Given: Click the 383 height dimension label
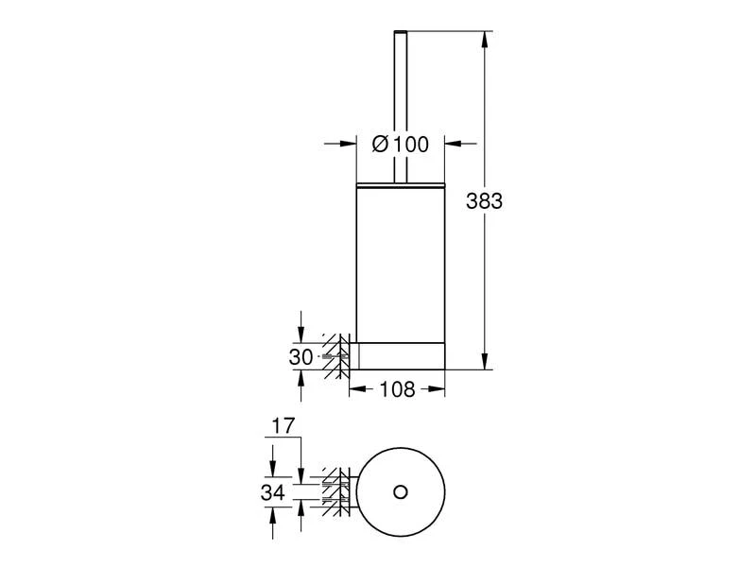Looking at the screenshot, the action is (484, 201).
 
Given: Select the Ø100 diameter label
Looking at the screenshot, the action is (400, 145).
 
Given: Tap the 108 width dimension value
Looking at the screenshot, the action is (397, 389).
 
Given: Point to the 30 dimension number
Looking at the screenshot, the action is (301, 357).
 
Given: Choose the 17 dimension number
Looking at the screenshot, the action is (283, 426).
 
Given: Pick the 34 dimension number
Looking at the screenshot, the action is (273, 492).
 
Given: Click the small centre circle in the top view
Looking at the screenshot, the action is (400, 492).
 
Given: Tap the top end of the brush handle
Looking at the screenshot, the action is (401, 32).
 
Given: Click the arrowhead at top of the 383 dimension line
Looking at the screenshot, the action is (486, 40).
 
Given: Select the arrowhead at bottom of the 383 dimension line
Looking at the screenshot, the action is (486, 361).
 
